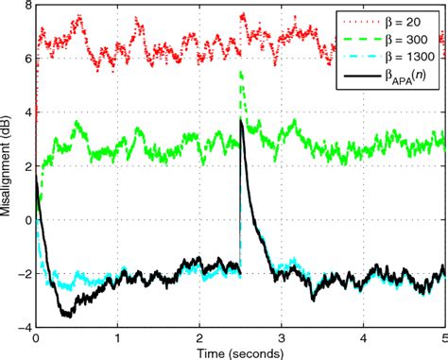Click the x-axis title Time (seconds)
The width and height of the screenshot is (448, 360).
[x=240, y=351]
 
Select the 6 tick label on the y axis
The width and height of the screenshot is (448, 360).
[x=26, y=59]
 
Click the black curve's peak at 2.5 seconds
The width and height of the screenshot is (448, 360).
[x=242, y=120]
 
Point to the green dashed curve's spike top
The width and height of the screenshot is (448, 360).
[x=242, y=72]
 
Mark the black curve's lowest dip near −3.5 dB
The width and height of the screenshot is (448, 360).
[x=66, y=315]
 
